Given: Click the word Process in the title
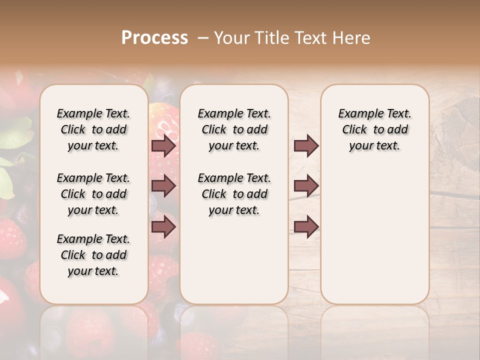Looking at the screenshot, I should pos(154,38).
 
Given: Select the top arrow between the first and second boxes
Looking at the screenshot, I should pos(163,145).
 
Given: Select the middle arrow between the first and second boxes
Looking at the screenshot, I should pos(163,186).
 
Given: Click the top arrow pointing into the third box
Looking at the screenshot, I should pos(306,145).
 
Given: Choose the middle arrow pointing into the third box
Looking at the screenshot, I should pos(306,186).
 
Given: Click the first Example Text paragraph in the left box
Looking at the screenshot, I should pos(93,129).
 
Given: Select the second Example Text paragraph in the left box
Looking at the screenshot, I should pos(93,194).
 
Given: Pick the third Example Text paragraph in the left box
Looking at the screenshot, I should pos(93,255).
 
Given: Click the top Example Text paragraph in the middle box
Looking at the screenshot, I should pos(234,129).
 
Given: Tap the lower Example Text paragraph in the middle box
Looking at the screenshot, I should pos(234,194).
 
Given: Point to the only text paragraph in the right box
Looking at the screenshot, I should pos(374,129).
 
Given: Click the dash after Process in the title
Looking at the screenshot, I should pos(203,38).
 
